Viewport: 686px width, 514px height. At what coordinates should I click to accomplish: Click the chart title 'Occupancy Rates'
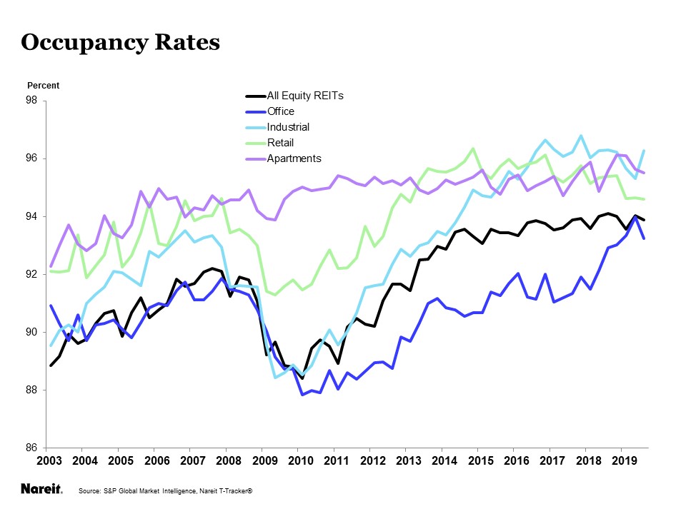point(120,43)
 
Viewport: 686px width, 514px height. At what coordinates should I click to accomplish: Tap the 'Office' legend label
point(280,111)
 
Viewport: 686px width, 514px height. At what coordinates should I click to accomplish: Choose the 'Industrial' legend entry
point(288,127)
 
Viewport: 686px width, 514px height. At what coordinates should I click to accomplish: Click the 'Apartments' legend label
point(294,158)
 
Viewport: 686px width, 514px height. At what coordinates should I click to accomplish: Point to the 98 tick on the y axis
point(32,101)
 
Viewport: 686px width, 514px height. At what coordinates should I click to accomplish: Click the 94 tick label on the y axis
point(32,217)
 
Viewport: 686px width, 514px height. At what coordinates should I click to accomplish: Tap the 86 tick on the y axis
point(32,449)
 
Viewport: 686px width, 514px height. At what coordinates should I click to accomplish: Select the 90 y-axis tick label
point(32,333)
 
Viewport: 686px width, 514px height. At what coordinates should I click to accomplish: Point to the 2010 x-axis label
point(300,461)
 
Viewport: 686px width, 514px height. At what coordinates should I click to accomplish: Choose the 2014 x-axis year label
point(444,461)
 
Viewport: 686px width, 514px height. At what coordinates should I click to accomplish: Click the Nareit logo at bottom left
point(41,490)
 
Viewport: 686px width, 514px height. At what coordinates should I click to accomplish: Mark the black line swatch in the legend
point(254,96)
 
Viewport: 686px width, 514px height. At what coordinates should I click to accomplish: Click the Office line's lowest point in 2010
point(302,394)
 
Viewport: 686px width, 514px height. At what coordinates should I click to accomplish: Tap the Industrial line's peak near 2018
point(581,136)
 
